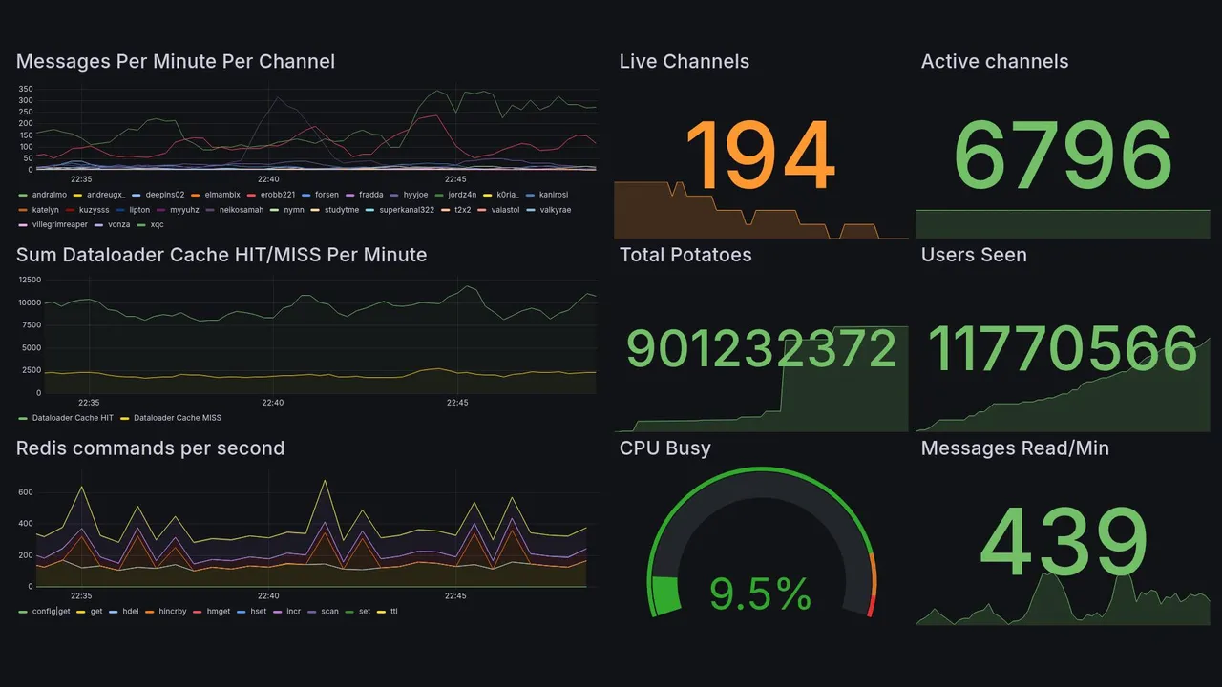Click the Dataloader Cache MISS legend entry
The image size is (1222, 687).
[x=177, y=418]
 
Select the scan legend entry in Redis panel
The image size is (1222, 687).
[x=329, y=611]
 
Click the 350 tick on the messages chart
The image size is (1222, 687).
[x=26, y=89]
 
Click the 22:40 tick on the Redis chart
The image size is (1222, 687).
[x=269, y=596]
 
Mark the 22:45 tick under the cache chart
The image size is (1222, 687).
[x=457, y=403]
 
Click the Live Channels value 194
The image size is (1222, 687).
[x=760, y=157]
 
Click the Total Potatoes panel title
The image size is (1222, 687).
[x=685, y=255]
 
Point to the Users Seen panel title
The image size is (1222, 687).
[x=974, y=255]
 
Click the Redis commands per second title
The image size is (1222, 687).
[x=150, y=448]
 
